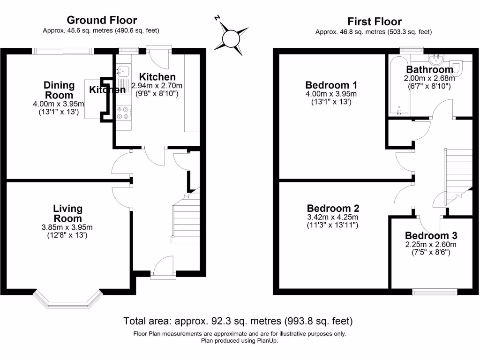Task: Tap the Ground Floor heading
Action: (x=102, y=20)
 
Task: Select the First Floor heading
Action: (x=374, y=22)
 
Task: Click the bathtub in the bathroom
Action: (x=397, y=86)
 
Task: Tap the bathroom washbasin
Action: (x=437, y=59)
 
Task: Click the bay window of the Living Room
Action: (x=68, y=298)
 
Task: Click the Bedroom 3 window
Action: (x=435, y=292)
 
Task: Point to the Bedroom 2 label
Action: (x=333, y=208)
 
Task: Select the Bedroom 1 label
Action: (x=331, y=85)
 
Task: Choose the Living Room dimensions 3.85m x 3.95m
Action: (x=67, y=228)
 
